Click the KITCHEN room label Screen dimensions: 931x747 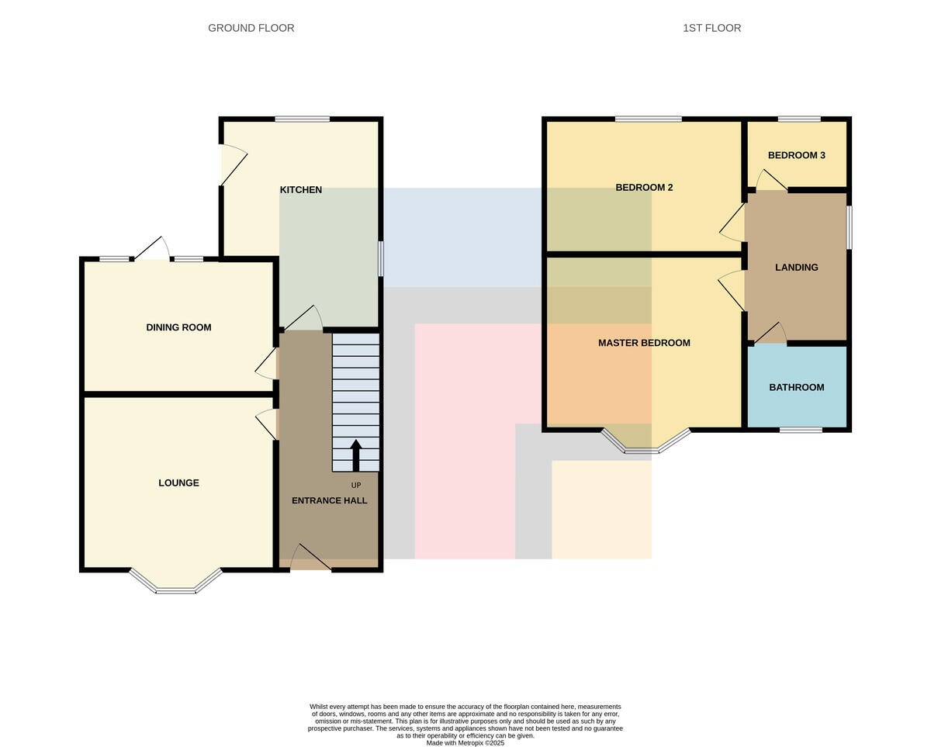(x=301, y=189)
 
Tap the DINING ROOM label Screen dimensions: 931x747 (x=178, y=327)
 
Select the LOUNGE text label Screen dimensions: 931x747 (x=178, y=482)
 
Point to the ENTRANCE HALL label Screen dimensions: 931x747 (x=329, y=500)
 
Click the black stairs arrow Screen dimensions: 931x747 (x=355, y=455)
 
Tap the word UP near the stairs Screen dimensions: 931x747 (x=355, y=486)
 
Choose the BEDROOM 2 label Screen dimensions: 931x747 (x=644, y=187)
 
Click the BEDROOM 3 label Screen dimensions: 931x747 (x=797, y=155)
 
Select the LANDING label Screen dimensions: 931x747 (x=797, y=268)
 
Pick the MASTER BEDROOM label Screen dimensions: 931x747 (x=644, y=343)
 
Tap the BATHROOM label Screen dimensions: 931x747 (x=797, y=387)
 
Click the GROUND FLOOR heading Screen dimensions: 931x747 (x=251, y=28)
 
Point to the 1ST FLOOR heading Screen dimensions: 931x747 (x=711, y=28)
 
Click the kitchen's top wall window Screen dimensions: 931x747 (x=302, y=119)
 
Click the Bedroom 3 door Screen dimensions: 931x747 (x=772, y=180)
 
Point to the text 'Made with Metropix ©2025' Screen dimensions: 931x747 (x=465, y=743)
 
